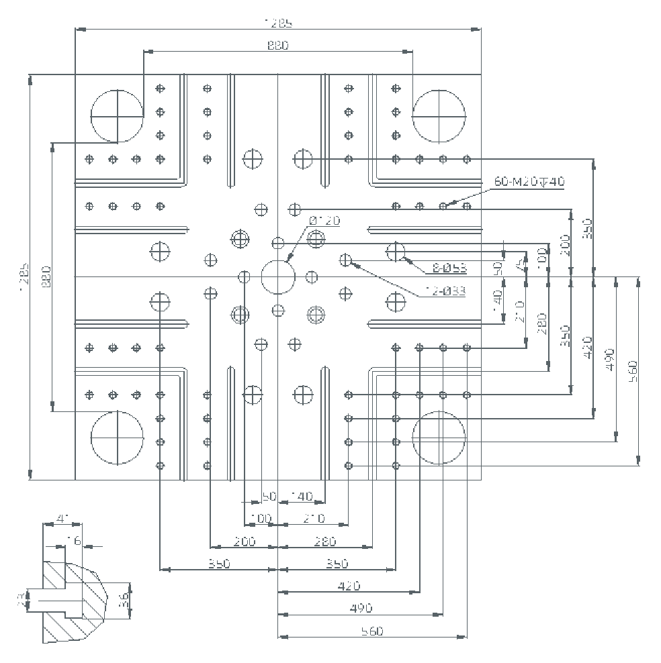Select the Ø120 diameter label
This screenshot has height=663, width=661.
coord(324,221)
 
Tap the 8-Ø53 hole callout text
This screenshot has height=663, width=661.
coord(449,268)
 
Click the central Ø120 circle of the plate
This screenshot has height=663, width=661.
coord(278,276)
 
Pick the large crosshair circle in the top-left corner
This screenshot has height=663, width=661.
coord(118,115)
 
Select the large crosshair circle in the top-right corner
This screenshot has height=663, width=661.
coord(439,115)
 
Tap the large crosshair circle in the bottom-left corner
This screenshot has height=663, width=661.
coord(118,438)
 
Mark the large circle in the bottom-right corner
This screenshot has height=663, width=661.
coord(439,438)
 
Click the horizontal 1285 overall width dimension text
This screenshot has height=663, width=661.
coord(278,22)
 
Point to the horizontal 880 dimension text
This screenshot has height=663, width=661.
coord(278,45)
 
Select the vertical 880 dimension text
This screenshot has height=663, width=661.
coord(46,276)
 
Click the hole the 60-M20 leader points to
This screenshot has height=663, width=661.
coord(443,206)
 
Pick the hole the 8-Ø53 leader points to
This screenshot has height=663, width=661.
coord(396,252)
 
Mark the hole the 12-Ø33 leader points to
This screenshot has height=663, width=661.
coord(347,260)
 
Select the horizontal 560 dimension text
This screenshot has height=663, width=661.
coord(371,631)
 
